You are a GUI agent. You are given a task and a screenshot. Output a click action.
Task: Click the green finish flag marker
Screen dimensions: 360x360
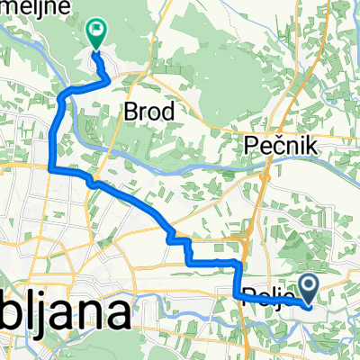tap(95, 31)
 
